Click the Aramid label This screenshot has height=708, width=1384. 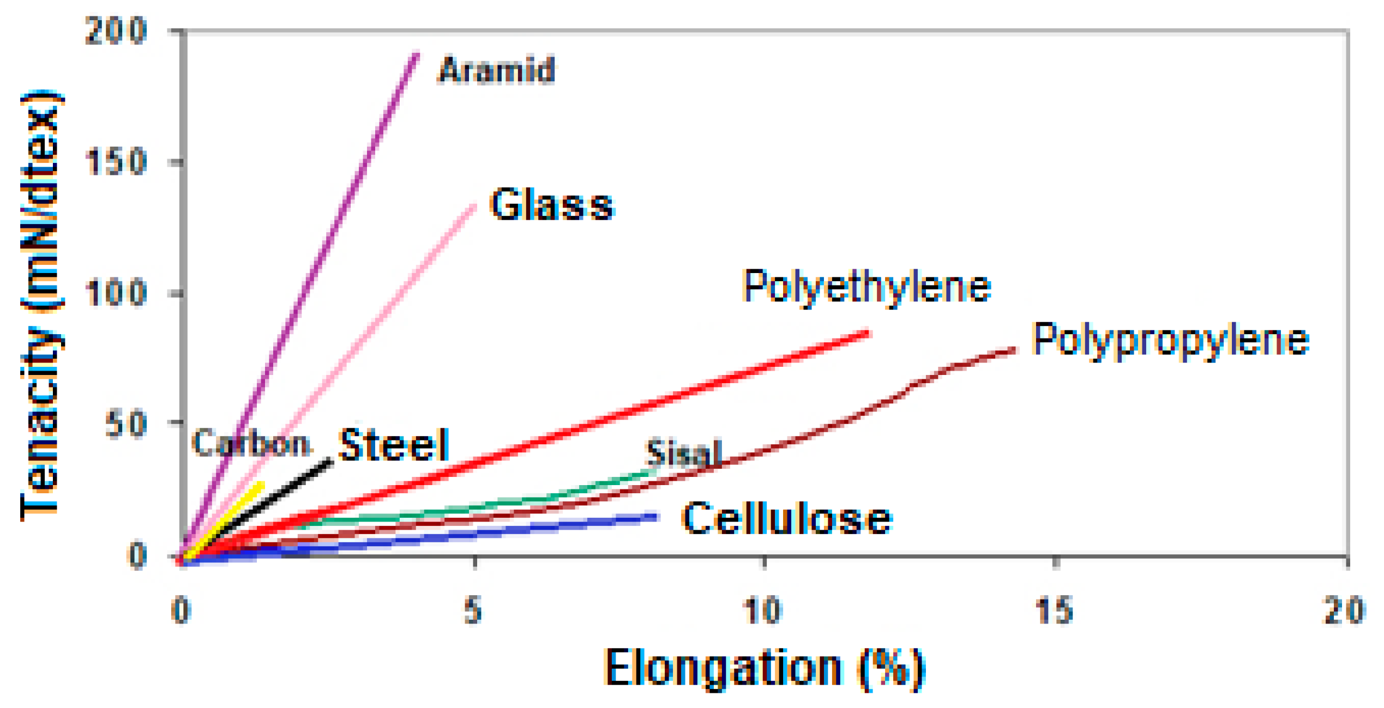coord(496,70)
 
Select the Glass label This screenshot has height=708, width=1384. coord(552,205)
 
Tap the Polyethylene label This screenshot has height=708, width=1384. coord(866,287)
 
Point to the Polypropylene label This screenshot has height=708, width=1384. coord(1170,340)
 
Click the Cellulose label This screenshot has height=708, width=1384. coord(786,518)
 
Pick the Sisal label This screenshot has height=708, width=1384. coord(683,452)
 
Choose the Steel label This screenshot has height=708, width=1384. coord(394,444)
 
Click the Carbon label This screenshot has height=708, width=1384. coord(251,443)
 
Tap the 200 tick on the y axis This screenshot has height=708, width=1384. coord(116,31)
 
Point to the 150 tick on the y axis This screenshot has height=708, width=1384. coord(116,162)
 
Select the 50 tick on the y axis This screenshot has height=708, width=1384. coord(125,425)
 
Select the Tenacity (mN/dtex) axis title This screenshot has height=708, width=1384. coord(41,305)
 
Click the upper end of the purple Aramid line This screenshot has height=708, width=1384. coord(417,55)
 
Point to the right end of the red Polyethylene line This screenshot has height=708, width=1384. coord(868,333)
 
